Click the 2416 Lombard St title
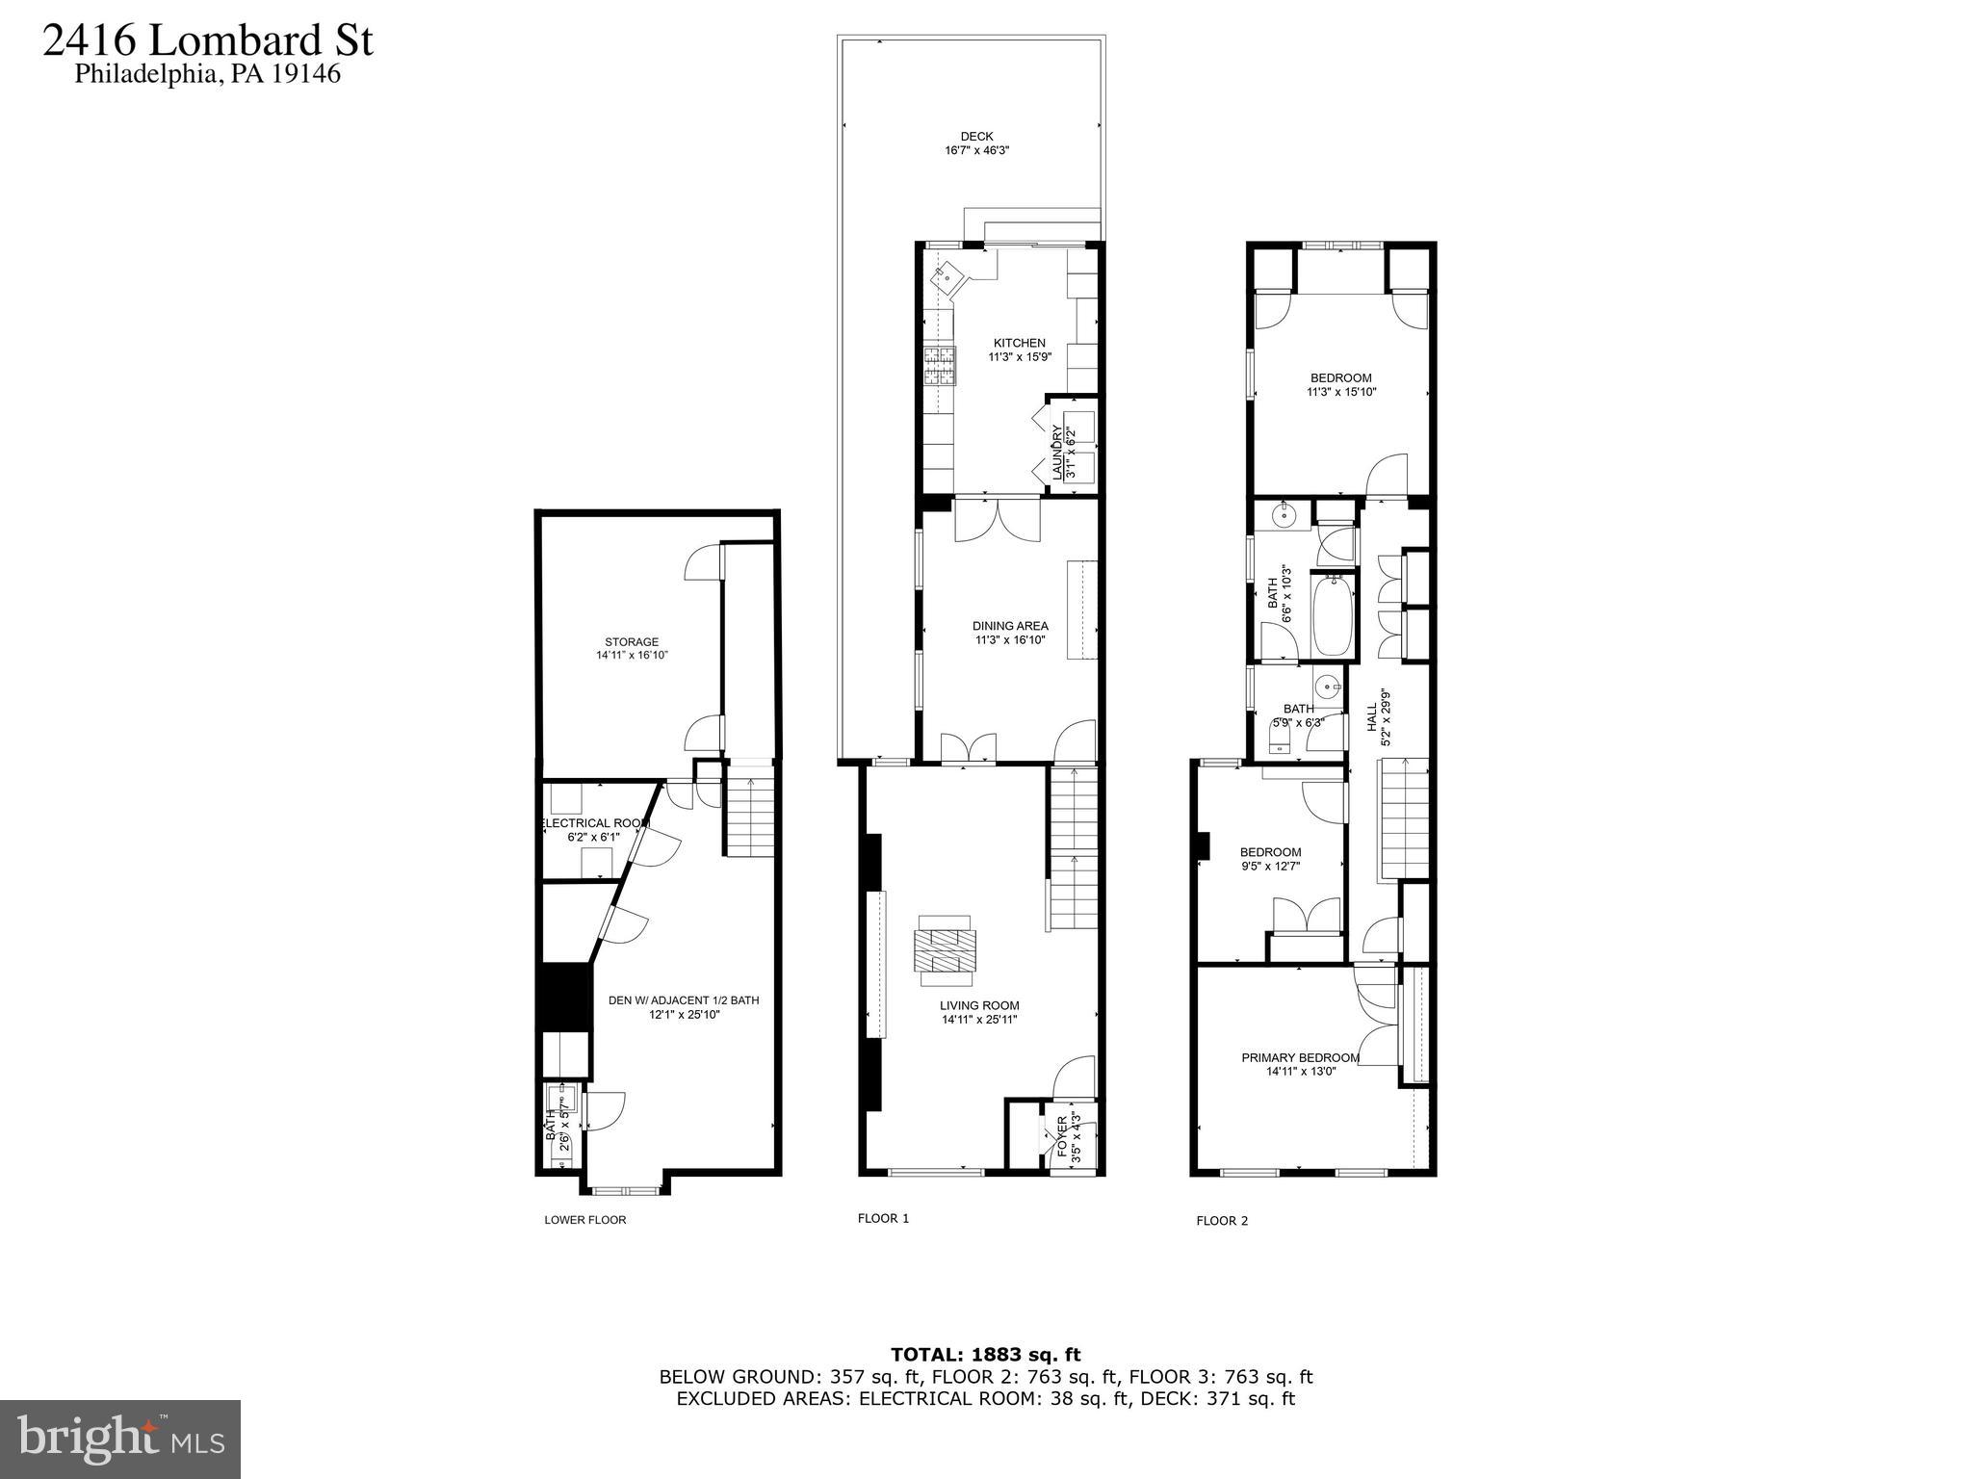pos(208,41)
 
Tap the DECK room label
pos(975,136)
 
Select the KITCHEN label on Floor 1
pos(1019,343)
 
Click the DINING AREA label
pos(1009,626)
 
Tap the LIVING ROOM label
pos(979,1005)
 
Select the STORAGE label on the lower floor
pos(632,642)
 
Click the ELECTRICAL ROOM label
pos(593,823)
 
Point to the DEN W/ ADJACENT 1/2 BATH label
pos(684,1000)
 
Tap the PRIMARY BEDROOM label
pos(1300,1057)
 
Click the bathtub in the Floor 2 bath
pos(1334,614)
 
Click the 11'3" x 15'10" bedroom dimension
pos(1340,392)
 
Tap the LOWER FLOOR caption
pos(584,1220)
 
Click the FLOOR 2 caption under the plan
pos(1221,1221)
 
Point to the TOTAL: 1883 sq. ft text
pos(985,1356)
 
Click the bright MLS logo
pos(120,1439)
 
